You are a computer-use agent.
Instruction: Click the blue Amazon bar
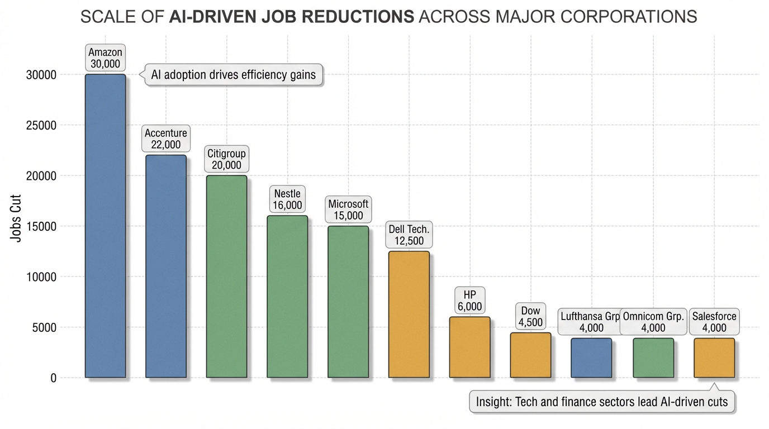(x=105, y=226)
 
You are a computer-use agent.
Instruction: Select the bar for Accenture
(x=166, y=266)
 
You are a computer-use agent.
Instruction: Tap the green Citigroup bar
(x=226, y=277)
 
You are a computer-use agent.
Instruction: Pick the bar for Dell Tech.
(x=409, y=314)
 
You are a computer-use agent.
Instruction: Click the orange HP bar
(x=469, y=347)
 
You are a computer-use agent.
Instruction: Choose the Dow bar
(x=530, y=355)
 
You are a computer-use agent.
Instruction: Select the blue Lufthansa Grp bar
(x=591, y=357)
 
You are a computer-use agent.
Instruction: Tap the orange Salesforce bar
(x=714, y=357)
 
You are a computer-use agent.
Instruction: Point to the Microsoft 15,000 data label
(x=348, y=210)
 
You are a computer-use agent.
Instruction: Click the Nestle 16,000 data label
(x=287, y=199)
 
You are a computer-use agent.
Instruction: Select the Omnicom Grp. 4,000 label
(x=653, y=322)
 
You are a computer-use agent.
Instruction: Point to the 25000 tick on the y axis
(x=41, y=125)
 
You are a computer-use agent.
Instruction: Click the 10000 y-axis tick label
(x=41, y=277)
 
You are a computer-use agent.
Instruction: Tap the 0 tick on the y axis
(x=53, y=378)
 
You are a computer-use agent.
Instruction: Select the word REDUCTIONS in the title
(x=357, y=17)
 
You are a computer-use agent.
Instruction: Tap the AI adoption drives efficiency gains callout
(x=234, y=75)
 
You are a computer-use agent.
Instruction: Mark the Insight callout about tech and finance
(x=602, y=401)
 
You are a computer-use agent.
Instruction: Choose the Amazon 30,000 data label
(x=105, y=58)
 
